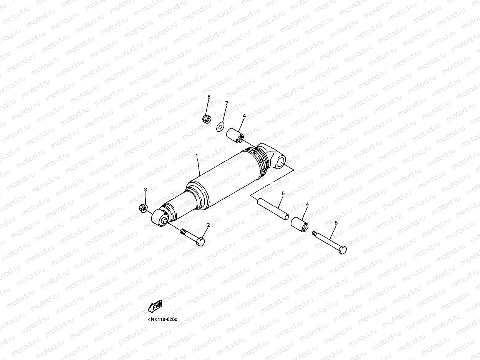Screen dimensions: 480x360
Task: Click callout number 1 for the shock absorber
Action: [x=197, y=156]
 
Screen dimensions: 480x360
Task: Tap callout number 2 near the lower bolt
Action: [x=208, y=225]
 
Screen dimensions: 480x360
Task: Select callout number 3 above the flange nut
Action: [x=146, y=190]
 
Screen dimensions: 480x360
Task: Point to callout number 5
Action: [x=336, y=223]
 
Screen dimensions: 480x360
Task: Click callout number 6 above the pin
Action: [x=283, y=194]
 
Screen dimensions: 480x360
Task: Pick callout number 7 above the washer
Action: [x=226, y=103]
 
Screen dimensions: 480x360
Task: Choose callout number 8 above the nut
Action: [x=209, y=97]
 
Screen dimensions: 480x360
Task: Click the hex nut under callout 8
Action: [x=206, y=119]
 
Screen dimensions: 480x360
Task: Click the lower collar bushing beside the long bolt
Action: [x=300, y=224]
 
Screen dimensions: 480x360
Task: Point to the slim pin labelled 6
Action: [x=273, y=209]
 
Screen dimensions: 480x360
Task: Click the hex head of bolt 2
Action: [x=200, y=241]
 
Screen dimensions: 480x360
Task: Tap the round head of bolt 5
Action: [x=343, y=249]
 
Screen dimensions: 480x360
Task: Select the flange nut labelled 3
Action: [x=141, y=208]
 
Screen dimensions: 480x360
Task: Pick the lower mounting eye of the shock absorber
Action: [x=159, y=218]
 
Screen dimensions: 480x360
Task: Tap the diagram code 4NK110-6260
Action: [x=162, y=319]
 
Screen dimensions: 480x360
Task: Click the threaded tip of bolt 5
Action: [x=314, y=233]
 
